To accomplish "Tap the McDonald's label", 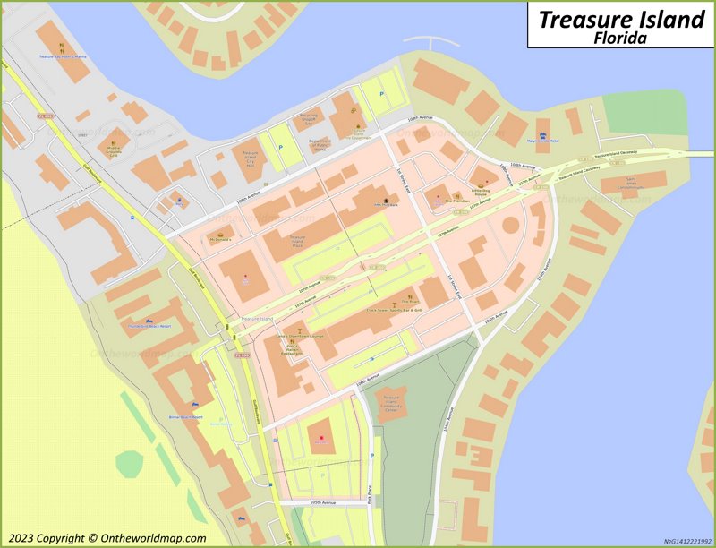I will pos(219,240).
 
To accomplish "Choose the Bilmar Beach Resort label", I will pos(185,417).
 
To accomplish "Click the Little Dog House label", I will pos(482,190).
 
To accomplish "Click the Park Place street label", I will pos(369,494).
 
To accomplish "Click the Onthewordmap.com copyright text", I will pos(104,538).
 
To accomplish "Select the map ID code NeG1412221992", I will pos(686,541).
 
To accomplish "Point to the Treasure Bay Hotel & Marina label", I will pos(63,56).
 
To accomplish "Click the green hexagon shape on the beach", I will pos(129,463).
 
